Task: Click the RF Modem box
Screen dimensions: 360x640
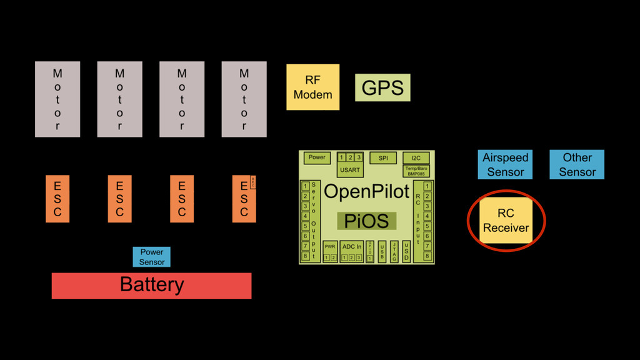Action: click(312, 87)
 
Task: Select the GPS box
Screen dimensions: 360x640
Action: click(382, 88)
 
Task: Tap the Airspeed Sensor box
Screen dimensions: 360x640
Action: click(506, 165)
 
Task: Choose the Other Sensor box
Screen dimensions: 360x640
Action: click(577, 165)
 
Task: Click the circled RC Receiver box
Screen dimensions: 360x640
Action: click(506, 221)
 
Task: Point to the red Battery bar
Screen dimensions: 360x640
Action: click(151, 286)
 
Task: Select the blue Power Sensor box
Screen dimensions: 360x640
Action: click(151, 257)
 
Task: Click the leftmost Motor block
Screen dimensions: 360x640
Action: click(57, 99)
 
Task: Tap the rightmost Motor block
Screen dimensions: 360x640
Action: click(244, 99)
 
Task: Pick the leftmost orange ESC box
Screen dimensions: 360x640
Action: click(57, 199)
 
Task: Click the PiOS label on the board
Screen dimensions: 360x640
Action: click(366, 221)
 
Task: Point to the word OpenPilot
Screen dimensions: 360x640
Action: click(366, 192)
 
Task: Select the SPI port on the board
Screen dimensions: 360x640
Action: click(383, 158)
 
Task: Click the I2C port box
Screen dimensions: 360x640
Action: click(416, 158)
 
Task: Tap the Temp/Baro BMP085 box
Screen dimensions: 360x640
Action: click(416, 171)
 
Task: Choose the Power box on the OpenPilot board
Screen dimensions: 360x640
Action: click(317, 157)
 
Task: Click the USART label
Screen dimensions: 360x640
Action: click(350, 170)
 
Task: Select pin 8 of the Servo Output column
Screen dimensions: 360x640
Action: click(305, 256)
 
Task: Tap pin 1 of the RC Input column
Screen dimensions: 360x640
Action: click(427, 186)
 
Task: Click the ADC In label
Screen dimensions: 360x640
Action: click(352, 247)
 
